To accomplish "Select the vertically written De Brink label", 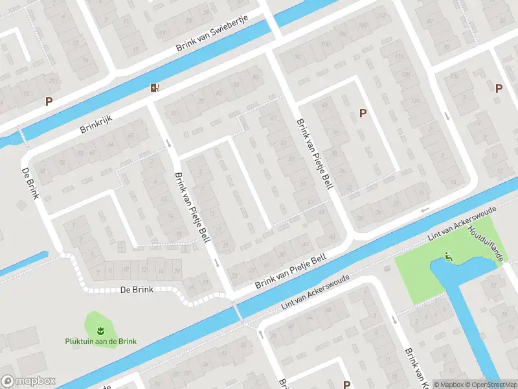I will tap(32, 184).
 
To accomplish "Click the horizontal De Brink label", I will tap(137, 290).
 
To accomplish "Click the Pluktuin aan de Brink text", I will tap(100, 342).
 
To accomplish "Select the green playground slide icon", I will tap(449, 258).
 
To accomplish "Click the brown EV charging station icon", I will tap(154, 88).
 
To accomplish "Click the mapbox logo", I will tap(28, 381).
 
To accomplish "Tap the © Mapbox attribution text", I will tap(449, 384).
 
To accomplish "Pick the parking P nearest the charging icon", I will tap(49, 101).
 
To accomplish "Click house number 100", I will tap(324, 43).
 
